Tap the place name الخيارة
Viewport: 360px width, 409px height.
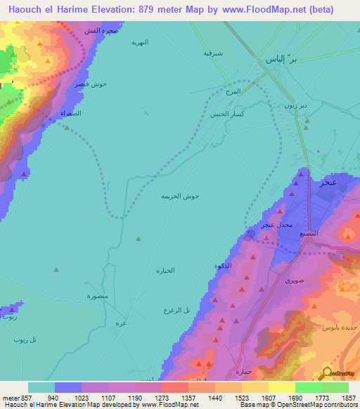pyautogui.click(x=165, y=270)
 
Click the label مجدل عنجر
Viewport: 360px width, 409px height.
pyautogui.click(x=276, y=225)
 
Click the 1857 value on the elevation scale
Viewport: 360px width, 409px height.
pyautogui.click(x=349, y=397)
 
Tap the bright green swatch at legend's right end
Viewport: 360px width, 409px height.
pyautogui.click(x=335, y=387)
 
